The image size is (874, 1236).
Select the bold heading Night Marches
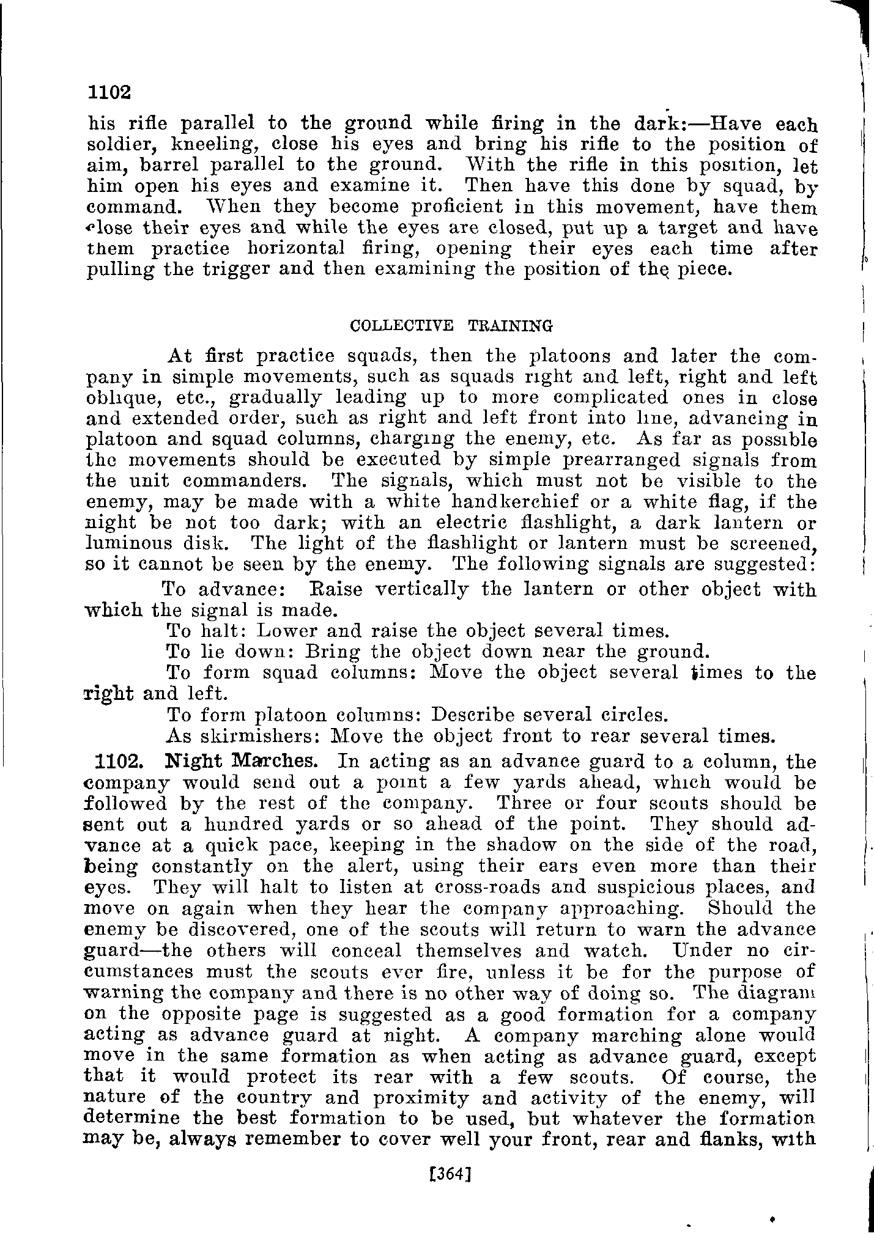(x=241, y=762)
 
